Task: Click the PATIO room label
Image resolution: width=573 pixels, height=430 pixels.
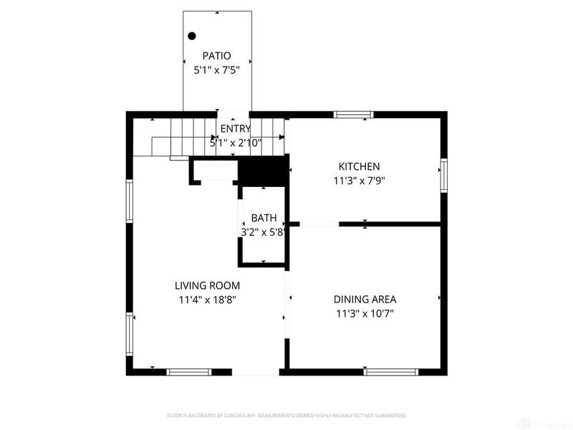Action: [217, 55]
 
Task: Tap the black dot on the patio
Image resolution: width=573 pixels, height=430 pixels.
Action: [192, 36]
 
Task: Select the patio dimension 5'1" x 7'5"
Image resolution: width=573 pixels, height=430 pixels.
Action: [217, 70]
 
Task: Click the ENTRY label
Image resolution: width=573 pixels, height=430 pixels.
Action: [236, 129]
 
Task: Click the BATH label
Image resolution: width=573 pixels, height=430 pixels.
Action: [264, 218]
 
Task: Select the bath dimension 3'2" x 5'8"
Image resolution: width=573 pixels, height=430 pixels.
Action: [264, 231]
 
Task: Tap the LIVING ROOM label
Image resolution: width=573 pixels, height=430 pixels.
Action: [208, 285]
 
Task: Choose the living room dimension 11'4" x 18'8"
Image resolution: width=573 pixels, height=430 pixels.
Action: [208, 300]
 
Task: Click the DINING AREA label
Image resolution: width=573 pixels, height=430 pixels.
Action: [365, 300]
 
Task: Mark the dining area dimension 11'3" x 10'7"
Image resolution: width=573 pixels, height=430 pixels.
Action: [365, 313]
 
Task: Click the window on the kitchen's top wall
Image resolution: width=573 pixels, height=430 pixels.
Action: [354, 114]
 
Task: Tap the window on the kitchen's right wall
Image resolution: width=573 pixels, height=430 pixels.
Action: [444, 176]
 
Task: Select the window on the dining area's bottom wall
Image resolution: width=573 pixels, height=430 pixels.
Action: [390, 372]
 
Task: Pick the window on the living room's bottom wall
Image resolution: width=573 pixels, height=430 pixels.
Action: [189, 372]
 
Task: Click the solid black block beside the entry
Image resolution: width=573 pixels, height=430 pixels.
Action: [262, 172]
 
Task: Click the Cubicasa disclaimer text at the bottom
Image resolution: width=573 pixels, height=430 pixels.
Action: [286, 416]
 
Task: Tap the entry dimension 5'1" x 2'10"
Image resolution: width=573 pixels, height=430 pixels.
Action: [236, 143]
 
